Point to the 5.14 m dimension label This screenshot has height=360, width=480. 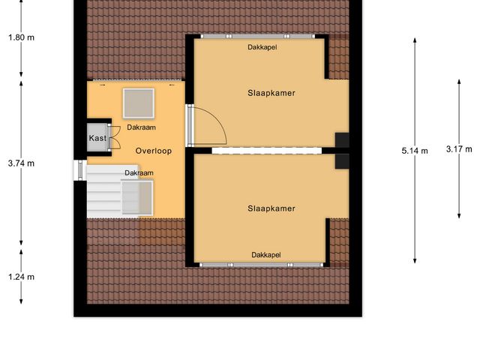point(415,151)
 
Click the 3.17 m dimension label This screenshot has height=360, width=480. point(458,148)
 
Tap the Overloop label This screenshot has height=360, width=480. point(154,151)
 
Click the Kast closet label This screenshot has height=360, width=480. point(97,139)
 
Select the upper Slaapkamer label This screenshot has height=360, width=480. point(271,94)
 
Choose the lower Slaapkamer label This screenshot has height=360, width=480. point(271,208)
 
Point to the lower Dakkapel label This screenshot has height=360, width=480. point(266,255)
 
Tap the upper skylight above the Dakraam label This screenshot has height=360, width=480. point(138,103)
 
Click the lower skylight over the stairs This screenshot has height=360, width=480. point(138,197)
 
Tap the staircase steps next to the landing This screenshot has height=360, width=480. point(103,192)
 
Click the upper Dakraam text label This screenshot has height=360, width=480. point(141,127)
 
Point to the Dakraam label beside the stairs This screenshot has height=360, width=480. point(139,173)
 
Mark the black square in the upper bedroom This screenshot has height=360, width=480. point(342,139)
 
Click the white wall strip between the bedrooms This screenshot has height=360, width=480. point(266,151)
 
